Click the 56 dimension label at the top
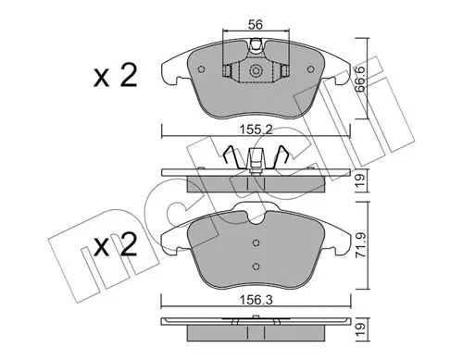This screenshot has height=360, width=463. (x=256, y=24)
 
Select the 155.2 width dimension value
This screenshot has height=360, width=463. (x=257, y=130)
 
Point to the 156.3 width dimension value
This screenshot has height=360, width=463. (x=257, y=301)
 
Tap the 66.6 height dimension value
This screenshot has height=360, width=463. (x=360, y=79)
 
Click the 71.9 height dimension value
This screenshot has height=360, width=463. (x=360, y=245)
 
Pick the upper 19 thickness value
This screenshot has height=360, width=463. (x=360, y=180)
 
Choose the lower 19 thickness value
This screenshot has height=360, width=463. (x=360, y=329)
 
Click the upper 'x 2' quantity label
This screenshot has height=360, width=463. (x=116, y=76)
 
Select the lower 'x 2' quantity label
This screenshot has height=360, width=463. (x=116, y=244)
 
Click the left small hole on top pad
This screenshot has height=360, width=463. (x=201, y=69)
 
